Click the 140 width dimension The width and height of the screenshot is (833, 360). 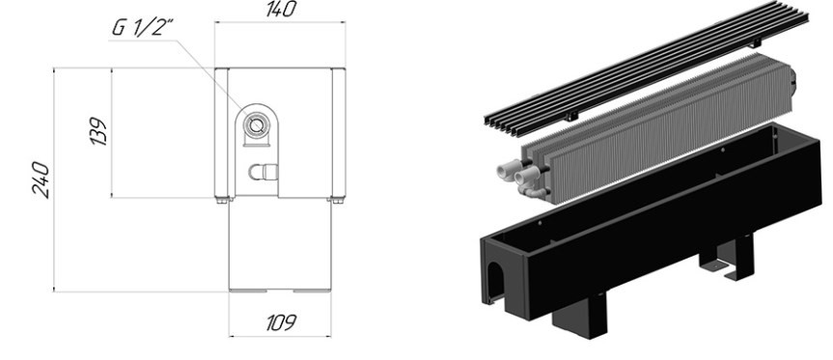click(x=281, y=9)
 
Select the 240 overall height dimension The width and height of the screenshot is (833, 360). click(x=41, y=180)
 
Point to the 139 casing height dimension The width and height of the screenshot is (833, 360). click(x=98, y=131)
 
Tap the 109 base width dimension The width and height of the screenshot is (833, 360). click(x=281, y=322)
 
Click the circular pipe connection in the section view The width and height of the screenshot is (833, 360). click(x=256, y=125)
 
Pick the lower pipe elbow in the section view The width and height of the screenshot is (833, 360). click(x=263, y=172)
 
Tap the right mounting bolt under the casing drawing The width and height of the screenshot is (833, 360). click(x=337, y=201)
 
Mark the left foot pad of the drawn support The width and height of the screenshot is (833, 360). click(x=248, y=291)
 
